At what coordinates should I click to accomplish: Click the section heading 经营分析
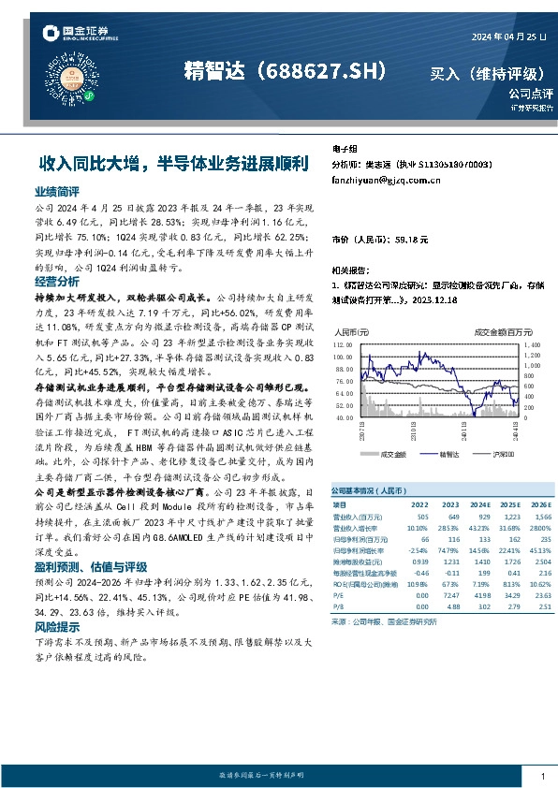55,282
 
